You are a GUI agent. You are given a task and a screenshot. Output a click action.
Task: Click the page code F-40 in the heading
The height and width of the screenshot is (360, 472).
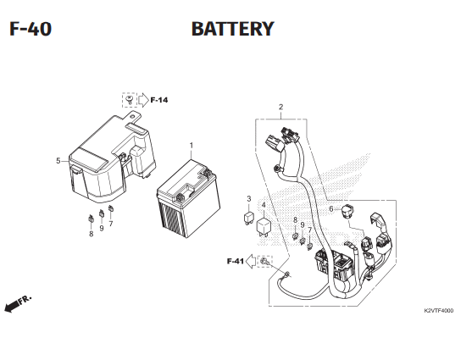coord(31,29)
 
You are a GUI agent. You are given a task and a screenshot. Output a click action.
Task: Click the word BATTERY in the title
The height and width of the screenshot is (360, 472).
coord(233,29)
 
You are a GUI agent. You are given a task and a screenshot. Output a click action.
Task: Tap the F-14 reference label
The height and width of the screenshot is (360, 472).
coord(159,100)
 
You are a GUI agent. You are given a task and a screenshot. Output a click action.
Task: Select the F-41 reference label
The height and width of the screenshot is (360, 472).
coord(236,261)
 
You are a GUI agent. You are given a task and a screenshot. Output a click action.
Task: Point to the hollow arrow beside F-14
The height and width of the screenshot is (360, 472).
coord(143,100)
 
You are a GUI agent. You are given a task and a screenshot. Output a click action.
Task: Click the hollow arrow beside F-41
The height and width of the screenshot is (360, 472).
coord(251,261)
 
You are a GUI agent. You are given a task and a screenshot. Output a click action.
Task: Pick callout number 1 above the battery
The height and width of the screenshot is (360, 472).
coord(192,146)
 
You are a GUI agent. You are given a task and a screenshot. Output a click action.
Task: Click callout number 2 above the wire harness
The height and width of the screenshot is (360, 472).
coord(280,107)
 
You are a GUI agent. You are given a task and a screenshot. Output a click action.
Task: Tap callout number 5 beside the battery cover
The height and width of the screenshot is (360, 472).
coord(58,161)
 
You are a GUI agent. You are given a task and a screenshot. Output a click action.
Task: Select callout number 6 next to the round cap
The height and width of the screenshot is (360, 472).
coord(331,209)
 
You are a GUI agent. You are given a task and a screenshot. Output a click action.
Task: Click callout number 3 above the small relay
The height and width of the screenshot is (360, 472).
coord(249,199)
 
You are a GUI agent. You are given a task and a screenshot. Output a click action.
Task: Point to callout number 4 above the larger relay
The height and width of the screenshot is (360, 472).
coord(264,205)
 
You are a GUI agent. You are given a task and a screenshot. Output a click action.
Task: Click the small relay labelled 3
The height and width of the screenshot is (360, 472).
coord(248,219)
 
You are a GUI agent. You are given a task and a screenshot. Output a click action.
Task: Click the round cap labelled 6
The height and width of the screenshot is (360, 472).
coord(347,211)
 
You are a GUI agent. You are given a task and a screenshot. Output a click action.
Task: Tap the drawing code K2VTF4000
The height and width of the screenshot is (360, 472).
coord(438,311)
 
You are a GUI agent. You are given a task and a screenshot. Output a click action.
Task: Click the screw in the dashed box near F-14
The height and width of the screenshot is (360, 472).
coord(130,100)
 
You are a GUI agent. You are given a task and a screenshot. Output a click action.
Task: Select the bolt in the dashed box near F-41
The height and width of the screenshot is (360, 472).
coord(264,261)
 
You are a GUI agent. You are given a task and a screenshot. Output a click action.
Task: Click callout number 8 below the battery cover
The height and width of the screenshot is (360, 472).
coord(92,234)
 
